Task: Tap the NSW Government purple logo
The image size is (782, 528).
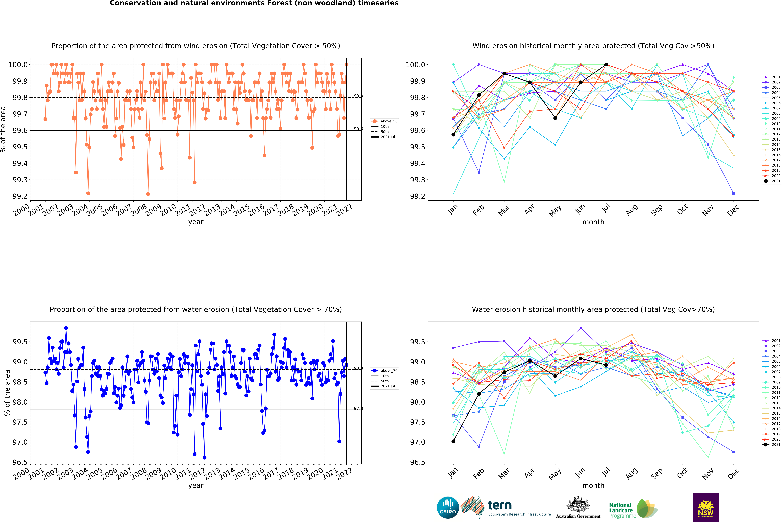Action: (x=706, y=508)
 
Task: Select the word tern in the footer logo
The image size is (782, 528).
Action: (x=500, y=505)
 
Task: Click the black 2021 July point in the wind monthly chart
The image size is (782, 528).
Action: (x=606, y=65)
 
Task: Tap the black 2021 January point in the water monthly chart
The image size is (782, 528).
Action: (x=453, y=441)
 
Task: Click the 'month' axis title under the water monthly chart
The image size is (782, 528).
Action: (x=593, y=486)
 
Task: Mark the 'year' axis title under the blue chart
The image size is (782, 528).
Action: (x=196, y=486)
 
